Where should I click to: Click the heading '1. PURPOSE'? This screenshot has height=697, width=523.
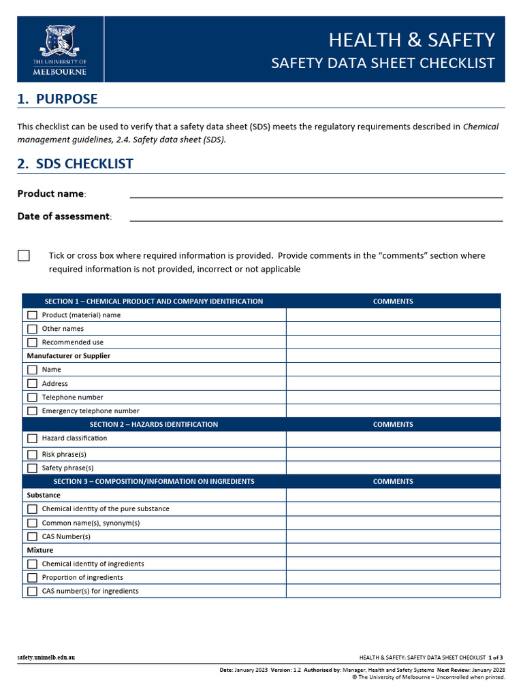[57, 99]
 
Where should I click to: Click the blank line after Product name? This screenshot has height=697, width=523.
[316, 193]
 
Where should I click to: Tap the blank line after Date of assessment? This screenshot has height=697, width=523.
[316, 216]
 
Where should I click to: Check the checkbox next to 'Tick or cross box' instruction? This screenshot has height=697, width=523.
[24, 256]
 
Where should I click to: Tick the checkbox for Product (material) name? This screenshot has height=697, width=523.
[32, 315]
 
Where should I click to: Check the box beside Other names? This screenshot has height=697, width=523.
[32, 329]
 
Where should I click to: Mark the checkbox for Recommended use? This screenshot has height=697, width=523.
[32, 342]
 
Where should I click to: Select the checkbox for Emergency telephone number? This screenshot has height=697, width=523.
[32, 411]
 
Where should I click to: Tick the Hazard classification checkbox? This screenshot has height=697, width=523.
[32, 438]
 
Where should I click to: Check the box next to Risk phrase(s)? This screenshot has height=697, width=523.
[32, 455]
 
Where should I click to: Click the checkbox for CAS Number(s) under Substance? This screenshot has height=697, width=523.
[32, 536]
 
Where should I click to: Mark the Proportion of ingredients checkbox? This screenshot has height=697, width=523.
[32, 578]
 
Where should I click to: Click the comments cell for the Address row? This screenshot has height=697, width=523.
[393, 384]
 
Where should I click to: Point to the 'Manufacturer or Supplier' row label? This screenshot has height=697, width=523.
[68, 356]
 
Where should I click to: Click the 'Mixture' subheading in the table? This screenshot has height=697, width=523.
[39, 550]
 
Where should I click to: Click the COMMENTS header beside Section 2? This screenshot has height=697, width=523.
[393, 425]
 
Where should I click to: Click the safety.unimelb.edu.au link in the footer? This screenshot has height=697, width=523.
[46, 658]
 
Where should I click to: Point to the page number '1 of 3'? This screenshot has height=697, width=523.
[495, 658]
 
